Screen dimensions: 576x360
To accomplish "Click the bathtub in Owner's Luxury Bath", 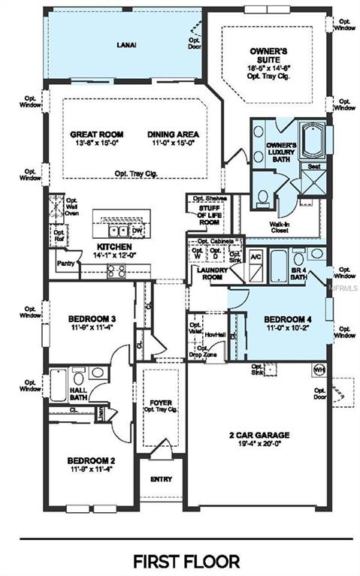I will point(310,143).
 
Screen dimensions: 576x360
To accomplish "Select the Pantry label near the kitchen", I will point(65,264).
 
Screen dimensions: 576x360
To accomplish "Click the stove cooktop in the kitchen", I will point(115,271).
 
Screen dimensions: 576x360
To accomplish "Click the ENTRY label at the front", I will point(161,479).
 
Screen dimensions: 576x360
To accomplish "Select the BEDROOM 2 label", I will point(89,460).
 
